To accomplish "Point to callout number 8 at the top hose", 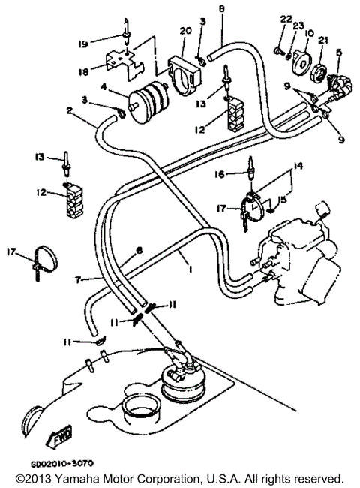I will [x=221, y=8].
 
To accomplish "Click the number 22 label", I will [x=285, y=18].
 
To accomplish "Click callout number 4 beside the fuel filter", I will [x=112, y=95].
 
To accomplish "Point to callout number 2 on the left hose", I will [x=69, y=111].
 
